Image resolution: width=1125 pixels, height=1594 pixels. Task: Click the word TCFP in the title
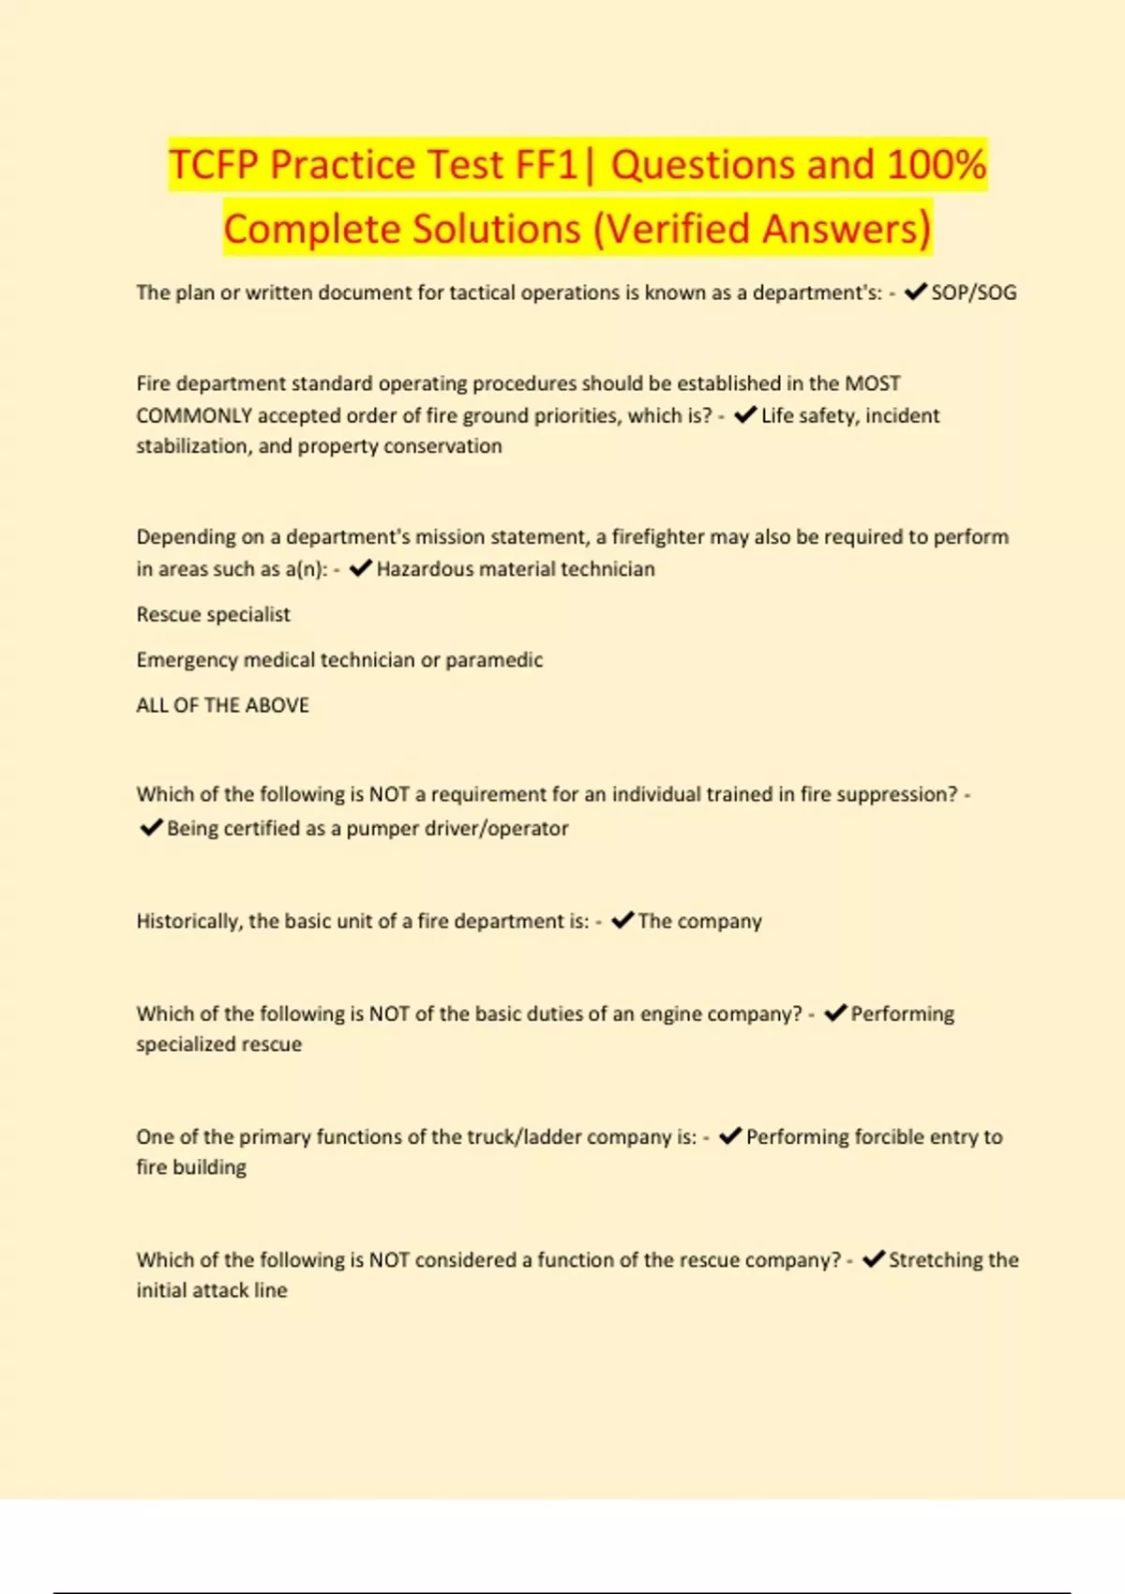pyautogui.click(x=214, y=165)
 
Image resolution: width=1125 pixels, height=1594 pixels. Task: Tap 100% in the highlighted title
pyautogui.click(x=937, y=165)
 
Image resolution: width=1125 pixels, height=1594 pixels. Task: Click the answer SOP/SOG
pyautogui.click(x=973, y=293)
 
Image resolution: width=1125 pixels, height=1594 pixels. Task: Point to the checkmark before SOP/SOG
pyautogui.click(x=915, y=293)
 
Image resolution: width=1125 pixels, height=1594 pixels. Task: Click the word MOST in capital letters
pyautogui.click(x=873, y=383)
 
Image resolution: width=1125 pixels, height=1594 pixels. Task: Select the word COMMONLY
pyautogui.click(x=193, y=415)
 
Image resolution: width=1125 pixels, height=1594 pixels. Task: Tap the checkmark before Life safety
pyautogui.click(x=745, y=415)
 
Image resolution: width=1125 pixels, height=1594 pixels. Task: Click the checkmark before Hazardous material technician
pyautogui.click(x=361, y=568)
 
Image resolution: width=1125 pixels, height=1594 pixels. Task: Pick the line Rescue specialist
pyautogui.click(x=214, y=614)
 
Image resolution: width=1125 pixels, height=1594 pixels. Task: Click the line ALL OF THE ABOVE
pyautogui.click(x=223, y=705)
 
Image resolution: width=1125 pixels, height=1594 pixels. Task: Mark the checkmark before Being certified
pyautogui.click(x=151, y=828)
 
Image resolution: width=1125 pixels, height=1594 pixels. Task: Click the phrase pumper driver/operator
pyautogui.click(x=457, y=829)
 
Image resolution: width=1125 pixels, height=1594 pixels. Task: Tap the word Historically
pyautogui.click(x=188, y=922)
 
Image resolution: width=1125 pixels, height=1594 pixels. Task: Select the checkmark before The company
pyautogui.click(x=622, y=921)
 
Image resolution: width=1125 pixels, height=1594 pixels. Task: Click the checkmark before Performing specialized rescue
pyautogui.click(x=835, y=1014)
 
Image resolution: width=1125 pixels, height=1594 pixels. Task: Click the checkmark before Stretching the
pyautogui.click(x=874, y=1259)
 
